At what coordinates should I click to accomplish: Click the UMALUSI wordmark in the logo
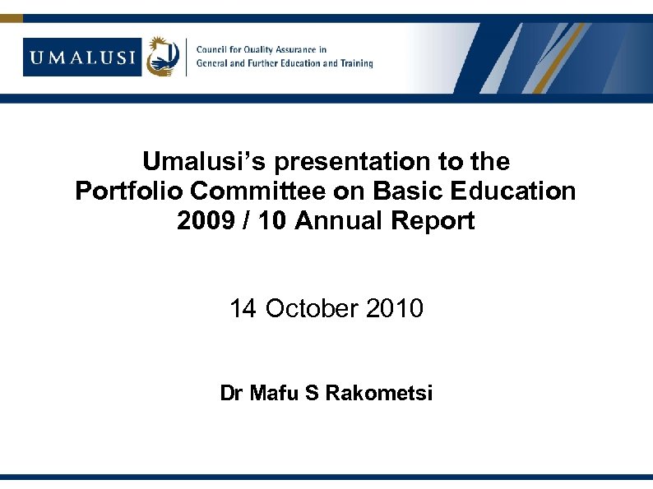tap(82, 57)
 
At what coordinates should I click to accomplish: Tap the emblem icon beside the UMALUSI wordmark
tap(162, 57)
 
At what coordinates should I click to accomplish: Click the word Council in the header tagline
tap(213, 49)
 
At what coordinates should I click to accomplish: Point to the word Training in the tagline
tap(355, 63)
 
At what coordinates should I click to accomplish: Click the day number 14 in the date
tap(243, 309)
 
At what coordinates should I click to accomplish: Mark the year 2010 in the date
tap(395, 309)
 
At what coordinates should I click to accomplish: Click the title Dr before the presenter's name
tap(231, 394)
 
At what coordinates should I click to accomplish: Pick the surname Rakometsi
tap(378, 394)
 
